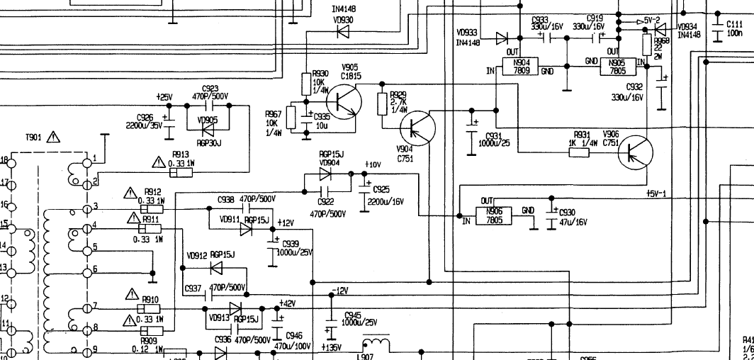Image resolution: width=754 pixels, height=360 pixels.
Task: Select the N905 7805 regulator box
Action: tap(617, 67)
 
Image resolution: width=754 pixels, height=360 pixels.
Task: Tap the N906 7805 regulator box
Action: tap(493, 215)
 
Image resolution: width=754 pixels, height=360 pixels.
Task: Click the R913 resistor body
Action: tap(181, 172)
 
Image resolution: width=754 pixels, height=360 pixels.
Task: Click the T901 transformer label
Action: tap(33, 138)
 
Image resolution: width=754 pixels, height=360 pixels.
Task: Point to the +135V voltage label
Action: tap(330, 347)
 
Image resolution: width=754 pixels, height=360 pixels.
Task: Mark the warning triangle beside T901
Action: tap(53, 138)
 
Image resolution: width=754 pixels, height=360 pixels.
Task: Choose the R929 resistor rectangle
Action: tap(383, 103)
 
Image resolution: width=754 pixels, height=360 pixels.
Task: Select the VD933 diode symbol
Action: tap(502, 38)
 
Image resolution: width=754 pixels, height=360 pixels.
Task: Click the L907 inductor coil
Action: tap(376, 344)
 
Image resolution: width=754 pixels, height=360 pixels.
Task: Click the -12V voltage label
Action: tap(340, 291)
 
